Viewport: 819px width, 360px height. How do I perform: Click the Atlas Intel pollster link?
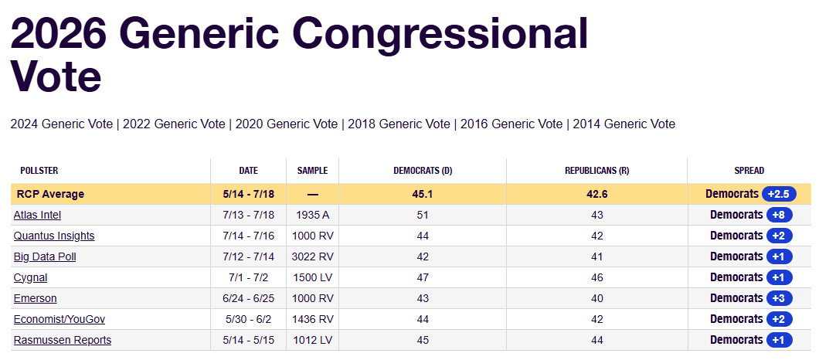tap(37, 215)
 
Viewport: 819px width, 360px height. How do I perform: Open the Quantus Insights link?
tap(54, 236)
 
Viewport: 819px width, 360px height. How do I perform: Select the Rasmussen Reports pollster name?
tap(62, 340)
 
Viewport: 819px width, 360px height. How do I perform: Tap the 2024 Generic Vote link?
tap(61, 124)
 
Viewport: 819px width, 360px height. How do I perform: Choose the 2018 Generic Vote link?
tap(399, 124)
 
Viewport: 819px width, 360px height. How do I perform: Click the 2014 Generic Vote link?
tap(624, 124)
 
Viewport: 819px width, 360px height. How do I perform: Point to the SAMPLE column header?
tap(312, 171)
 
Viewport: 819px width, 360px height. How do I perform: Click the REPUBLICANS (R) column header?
tap(596, 171)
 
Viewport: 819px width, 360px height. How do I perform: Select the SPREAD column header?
tap(749, 171)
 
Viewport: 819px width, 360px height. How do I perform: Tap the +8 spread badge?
tap(780, 215)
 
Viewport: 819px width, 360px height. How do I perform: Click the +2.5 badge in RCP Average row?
tap(779, 194)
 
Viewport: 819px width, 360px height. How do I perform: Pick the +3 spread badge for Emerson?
tap(780, 298)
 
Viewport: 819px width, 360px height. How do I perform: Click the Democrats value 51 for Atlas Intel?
tap(422, 215)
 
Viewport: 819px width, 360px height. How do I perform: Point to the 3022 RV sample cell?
tap(312, 256)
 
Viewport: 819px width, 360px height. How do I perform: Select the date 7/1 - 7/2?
tap(248, 277)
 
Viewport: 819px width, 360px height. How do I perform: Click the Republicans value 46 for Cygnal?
tap(596, 277)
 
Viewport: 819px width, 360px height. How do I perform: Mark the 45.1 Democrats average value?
tap(422, 194)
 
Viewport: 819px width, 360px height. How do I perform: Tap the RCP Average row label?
tap(50, 194)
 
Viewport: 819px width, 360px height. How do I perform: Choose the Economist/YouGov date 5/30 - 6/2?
tap(248, 319)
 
